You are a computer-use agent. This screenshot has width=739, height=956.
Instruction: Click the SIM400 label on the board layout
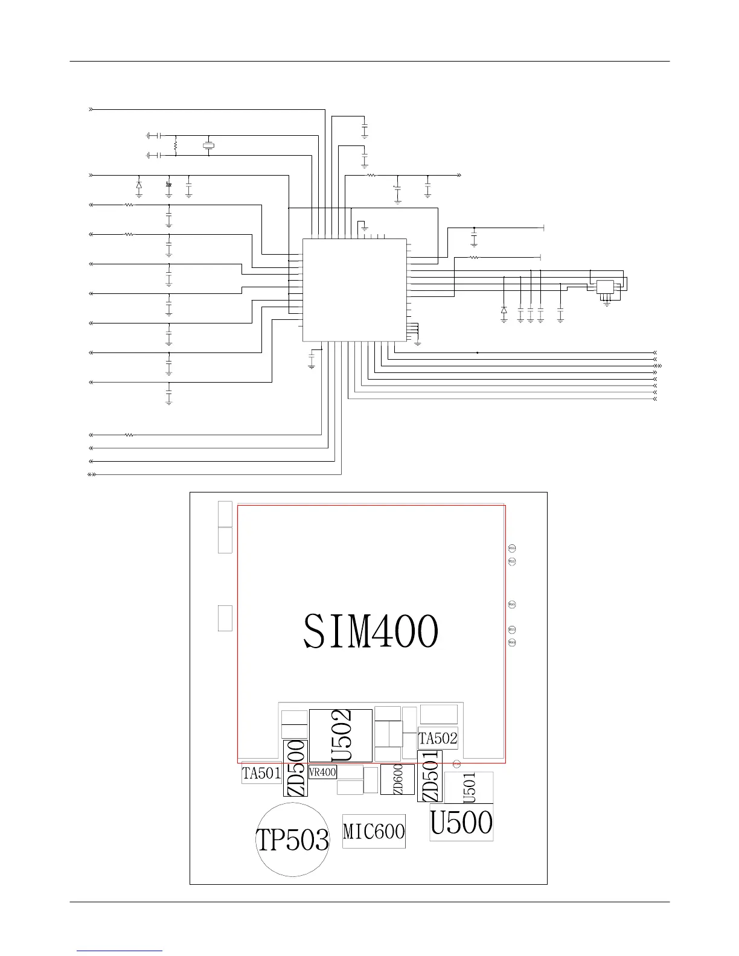tap(371, 631)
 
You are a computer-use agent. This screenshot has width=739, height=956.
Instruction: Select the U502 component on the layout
tap(341, 735)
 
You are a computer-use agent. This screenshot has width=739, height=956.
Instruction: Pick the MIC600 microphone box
tap(374, 831)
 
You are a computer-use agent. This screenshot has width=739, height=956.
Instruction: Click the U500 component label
tap(461, 822)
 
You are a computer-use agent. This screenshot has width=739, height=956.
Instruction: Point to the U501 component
tap(469, 788)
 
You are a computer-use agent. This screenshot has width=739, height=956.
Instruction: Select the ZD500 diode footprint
tap(296, 768)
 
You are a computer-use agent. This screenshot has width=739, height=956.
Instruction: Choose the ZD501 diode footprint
tap(430, 776)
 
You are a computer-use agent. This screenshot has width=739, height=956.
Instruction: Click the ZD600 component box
tap(397, 779)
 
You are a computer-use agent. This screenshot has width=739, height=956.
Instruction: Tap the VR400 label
tap(322, 772)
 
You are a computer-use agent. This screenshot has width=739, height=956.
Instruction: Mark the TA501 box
tap(261, 773)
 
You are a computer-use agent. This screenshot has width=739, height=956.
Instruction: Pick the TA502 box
tap(438, 738)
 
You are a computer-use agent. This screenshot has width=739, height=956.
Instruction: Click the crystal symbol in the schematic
tap(209, 145)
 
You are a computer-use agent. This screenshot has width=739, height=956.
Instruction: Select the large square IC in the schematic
tap(354, 290)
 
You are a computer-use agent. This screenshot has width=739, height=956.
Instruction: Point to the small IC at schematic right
tap(605, 287)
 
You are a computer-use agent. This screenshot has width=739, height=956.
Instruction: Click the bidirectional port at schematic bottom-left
tap(92, 474)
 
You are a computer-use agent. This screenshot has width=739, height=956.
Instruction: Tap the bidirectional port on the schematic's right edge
tap(658, 366)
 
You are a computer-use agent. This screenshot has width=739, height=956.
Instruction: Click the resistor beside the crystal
tap(176, 145)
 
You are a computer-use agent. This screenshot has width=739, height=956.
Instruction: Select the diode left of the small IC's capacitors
tap(504, 310)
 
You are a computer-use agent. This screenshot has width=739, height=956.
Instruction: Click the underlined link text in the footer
tap(120, 951)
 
